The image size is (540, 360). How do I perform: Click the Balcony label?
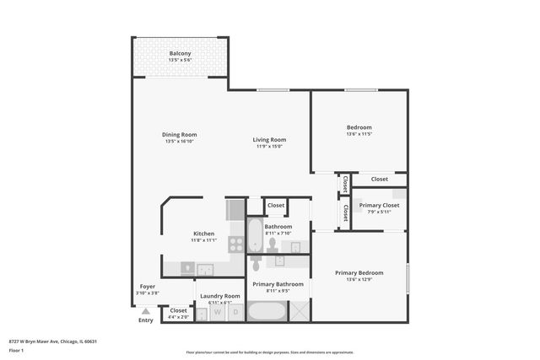[x=180, y=53]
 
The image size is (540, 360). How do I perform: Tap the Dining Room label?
[x=180, y=135]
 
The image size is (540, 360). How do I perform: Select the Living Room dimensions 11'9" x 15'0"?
[x=270, y=146]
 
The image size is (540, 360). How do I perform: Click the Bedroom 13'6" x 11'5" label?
[x=359, y=133]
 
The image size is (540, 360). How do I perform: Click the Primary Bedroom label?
[x=359, y=272]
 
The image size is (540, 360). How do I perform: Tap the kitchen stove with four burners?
[x=236, y=244]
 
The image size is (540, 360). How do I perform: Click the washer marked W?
[x=217, y=312]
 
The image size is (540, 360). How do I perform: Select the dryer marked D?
[x=235, y=312]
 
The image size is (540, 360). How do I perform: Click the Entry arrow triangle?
[x=145, y=311]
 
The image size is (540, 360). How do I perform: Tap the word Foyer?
[x=147, y=287]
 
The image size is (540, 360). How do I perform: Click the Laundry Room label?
[x=219, y=296]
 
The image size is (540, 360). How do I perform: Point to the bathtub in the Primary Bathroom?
[x=268, y=311]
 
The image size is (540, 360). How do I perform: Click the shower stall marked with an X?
[x=299, y=311]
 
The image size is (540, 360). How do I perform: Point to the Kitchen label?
[x=203, y=234]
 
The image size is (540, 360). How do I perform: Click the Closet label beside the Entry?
[x=178, y=311]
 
